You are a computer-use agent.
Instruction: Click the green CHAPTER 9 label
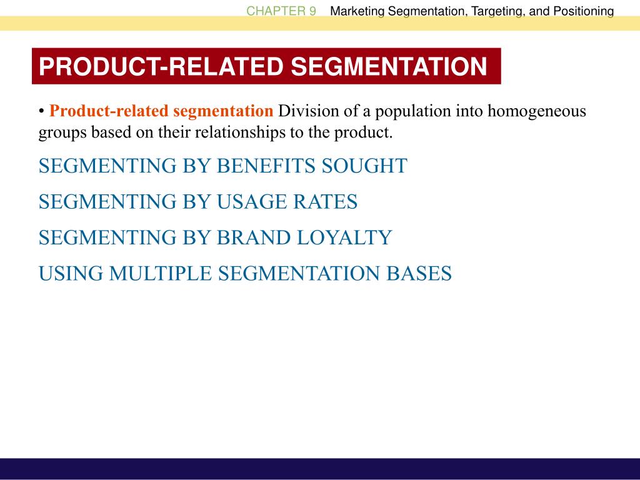pyautogui.click(x=281, y=11)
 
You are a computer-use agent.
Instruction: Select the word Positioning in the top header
pyautogui.click(x=584, y=11)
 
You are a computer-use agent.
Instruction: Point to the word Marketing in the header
pyautogui.click(x=357, y=11)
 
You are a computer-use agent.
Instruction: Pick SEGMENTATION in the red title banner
pyautogui.click(x=389, y=66)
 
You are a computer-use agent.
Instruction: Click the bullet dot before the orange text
pyautogui.click(x=41, y=111)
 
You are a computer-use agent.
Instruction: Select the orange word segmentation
pyautogui.click(x=223, y=111)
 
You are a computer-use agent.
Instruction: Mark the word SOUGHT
pyautogui.click(x=364, y=166)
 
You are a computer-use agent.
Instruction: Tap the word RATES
pyautogui.click(x=325, y=202)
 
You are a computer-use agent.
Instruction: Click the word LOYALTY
pyautogui.click(x=344, y=237)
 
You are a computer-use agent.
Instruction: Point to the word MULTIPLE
pyautogui.click(x=161, y=274)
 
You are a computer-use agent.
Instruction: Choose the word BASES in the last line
pyautogui.click(x=419, y=274)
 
